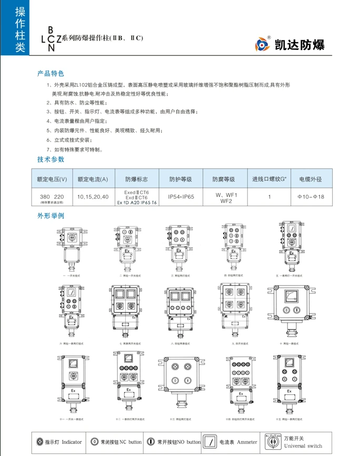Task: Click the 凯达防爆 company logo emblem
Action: click(x=263, y=44)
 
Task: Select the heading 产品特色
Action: click(x=51, y=74)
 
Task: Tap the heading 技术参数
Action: click(x=51, y=159)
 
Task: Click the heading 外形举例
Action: click(x=51, y=216)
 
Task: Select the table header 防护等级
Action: click(x=181, y=179)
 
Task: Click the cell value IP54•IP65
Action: click(x=181, y=197)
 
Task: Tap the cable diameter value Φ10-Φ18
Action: click(x=311, y=197)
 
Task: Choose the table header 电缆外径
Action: click(x=311, y=179)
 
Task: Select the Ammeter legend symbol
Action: click(x=209, y=442)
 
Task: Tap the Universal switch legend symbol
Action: click(x=274, y=442)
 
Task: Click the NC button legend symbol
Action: click(x=95, y=442)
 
